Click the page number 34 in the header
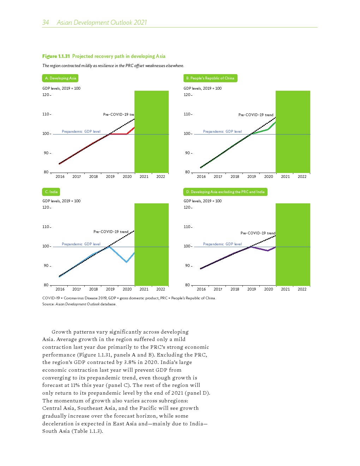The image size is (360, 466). [46, 23]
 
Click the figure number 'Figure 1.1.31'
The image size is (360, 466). [56, 56]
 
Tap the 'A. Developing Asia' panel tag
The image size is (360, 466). [60, 78]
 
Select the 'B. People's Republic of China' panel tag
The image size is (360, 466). [210, 78]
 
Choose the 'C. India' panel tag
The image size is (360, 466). [51, 192]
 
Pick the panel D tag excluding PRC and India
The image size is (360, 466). [225, 192]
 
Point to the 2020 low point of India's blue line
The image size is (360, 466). [126, 262]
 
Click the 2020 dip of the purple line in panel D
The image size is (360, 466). [268, 251]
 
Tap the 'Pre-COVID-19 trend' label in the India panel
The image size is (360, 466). [111, 232]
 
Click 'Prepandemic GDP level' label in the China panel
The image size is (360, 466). [222, 131]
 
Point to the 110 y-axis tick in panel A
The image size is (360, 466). [46, 114]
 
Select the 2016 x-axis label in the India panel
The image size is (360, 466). [60, 289]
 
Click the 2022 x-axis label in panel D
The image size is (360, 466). [302, 289]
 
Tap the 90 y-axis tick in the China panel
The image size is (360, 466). [187, 153]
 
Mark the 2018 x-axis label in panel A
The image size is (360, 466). [94, 177]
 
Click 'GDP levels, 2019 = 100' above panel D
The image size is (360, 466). [203, 201]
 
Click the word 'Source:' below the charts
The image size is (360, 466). [48, 304]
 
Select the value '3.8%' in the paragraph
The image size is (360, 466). [130, 362]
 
